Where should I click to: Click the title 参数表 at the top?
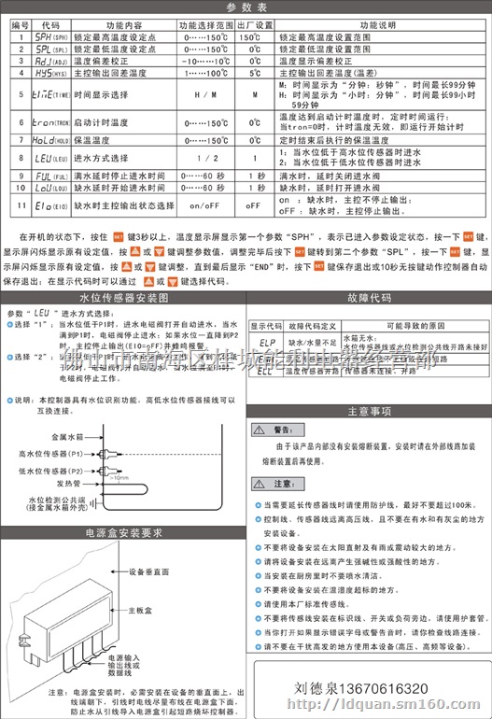(x=246, y=7)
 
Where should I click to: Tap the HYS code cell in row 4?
(x=51, y=72)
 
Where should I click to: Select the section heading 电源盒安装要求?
(x=122, y=533)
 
